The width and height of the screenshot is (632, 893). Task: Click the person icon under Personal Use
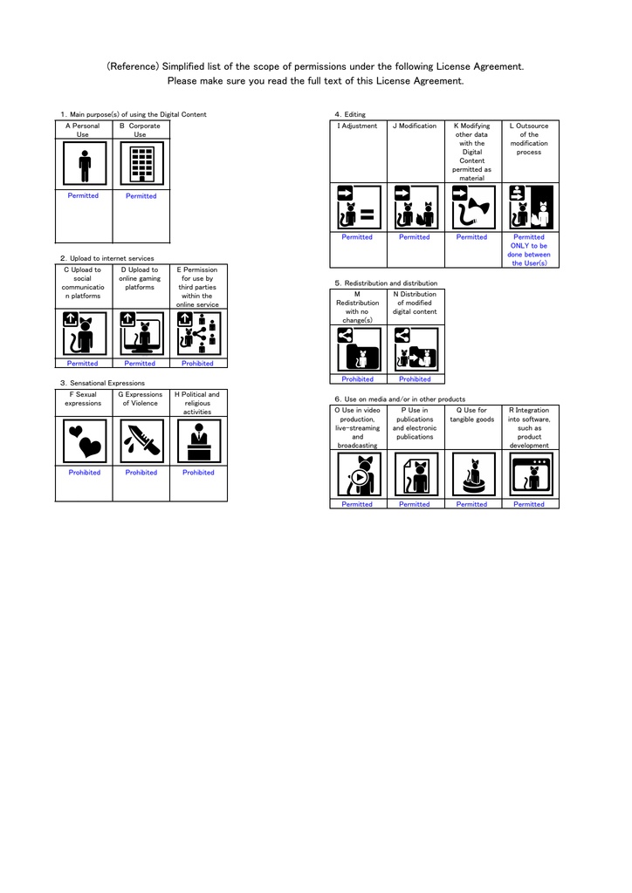pyautogui.click(x=85, y=163)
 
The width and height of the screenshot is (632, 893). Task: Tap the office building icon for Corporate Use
pyautogui.click(x=142, y=163)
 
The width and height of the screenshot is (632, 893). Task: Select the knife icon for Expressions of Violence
pyautogui.click(x=142, y=440)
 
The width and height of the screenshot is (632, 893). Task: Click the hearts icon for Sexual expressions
pyautogui.click(x=85, y=440)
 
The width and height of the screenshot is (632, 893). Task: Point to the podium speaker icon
pyautogui.click(x=199, y=440)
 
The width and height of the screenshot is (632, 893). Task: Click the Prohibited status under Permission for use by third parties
pyautogui.click(x=197, y=364)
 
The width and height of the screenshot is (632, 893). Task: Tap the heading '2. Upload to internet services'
pyautogui.click(x=107, y=258)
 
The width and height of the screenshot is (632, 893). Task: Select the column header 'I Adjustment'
pyautogui.click(x=357, y=126)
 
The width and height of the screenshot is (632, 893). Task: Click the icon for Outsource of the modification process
pyautogui.click(x=531, y=208)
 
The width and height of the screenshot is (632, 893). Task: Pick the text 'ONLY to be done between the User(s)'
pyautogui.click(x=529, y=255)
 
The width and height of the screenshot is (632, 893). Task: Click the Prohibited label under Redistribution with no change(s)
pyautogui.click(x=357, y=379)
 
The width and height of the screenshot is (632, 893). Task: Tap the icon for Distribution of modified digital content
pyautogui.click(x=416, y=349)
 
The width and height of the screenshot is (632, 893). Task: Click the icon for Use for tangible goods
pyautogui.click(x=474, y=474)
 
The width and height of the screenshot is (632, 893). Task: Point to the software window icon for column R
pyautogui.click(x=531, y=474)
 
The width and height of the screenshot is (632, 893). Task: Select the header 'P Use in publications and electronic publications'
pyautogui.click(x=415, y=423)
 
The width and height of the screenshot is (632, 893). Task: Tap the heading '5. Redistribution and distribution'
pyautogui.click(x=387, y=283)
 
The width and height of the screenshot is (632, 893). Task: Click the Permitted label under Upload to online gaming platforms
pyautogui.click(x=140, y=364)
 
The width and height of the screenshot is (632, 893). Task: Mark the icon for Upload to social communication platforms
pyautogui.click(x=85, y=334)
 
